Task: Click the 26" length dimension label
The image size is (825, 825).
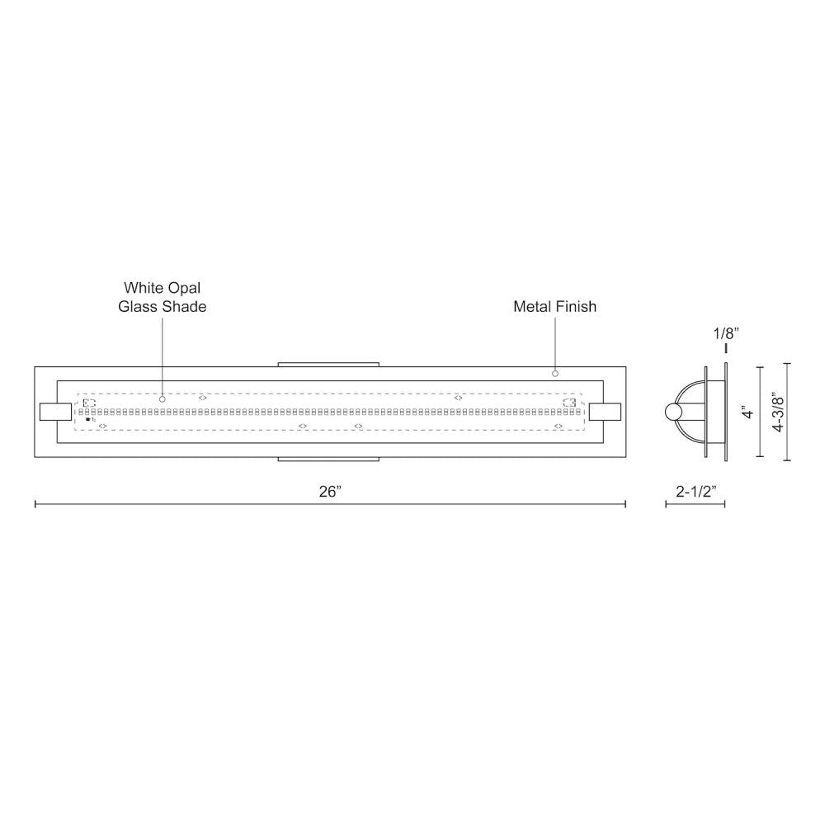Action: click(330, 492)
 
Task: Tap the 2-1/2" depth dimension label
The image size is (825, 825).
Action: click(695, 492)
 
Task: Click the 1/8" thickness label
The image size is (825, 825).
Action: click(725, 333)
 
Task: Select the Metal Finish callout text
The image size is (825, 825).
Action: click(554, 307)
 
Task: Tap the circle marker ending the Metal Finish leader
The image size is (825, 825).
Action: click(555, 374)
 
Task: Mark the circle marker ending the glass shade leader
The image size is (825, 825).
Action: click(163, 399)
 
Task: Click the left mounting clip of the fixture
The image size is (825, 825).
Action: click(56, 412)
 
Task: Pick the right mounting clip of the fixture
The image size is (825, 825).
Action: click(605, 412)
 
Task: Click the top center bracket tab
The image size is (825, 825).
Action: click(328, 363)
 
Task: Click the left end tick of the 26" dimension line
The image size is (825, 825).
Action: click(35, 503)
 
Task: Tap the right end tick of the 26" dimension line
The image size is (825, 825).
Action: click(625, 503)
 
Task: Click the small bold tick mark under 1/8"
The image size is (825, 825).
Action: click(725, 349)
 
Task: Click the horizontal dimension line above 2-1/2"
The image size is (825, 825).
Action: click(695, 504)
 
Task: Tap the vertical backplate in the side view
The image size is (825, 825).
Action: click(724, 412)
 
